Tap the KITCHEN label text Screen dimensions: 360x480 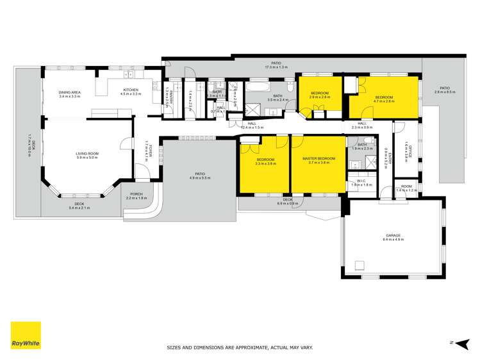tap(130, 90)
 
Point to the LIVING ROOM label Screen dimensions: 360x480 tap(88, 154)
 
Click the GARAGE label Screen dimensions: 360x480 tap(393, 235)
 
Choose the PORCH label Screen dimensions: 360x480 tap(136, 195)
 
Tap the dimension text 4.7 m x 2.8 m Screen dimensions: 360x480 tap(384, 101)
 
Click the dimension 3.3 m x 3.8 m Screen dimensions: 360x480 tap(265, 163)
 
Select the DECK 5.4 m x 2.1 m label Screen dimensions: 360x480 tap(79, 206)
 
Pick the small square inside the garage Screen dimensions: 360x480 tap(360, 266)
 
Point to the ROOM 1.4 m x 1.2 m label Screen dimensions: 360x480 tap(406, 188)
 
